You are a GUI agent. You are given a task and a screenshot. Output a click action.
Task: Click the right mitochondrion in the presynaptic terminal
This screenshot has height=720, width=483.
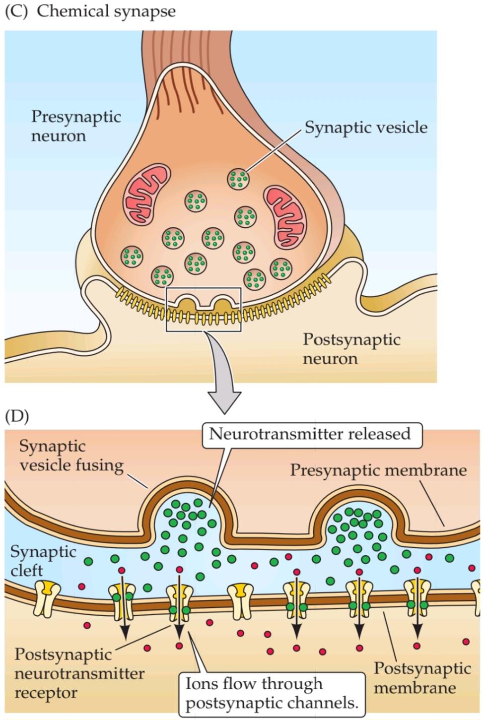[x=286, y=216]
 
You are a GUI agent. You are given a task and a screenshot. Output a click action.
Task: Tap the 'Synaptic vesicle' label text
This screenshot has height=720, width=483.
[x=366, y=128]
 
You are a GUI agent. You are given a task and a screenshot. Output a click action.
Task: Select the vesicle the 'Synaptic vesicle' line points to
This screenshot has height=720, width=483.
[x=238, y=179]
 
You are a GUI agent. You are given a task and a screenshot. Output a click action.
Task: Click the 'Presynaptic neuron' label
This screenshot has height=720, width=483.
[x=76, y=126]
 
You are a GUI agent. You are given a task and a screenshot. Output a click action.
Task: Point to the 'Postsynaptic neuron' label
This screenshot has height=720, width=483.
[x=351, y=349]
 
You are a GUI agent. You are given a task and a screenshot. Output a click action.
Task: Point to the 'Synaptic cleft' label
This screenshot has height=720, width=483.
[x=43, y=561]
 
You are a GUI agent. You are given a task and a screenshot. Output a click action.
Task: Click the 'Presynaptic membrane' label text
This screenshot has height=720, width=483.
[x=378, y=470]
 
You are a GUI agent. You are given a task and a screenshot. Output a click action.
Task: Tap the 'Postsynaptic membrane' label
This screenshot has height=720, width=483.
[x=422, y=678]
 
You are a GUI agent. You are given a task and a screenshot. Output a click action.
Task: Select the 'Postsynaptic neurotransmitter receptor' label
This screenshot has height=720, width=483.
[x=79, y=673]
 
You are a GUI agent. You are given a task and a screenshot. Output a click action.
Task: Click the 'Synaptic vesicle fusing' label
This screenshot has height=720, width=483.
[x=71, y=456]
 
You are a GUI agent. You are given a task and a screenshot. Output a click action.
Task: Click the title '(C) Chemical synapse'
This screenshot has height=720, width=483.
[x=90, y=11]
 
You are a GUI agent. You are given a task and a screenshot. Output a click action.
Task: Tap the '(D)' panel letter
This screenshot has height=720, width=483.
[x=16, y=416]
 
